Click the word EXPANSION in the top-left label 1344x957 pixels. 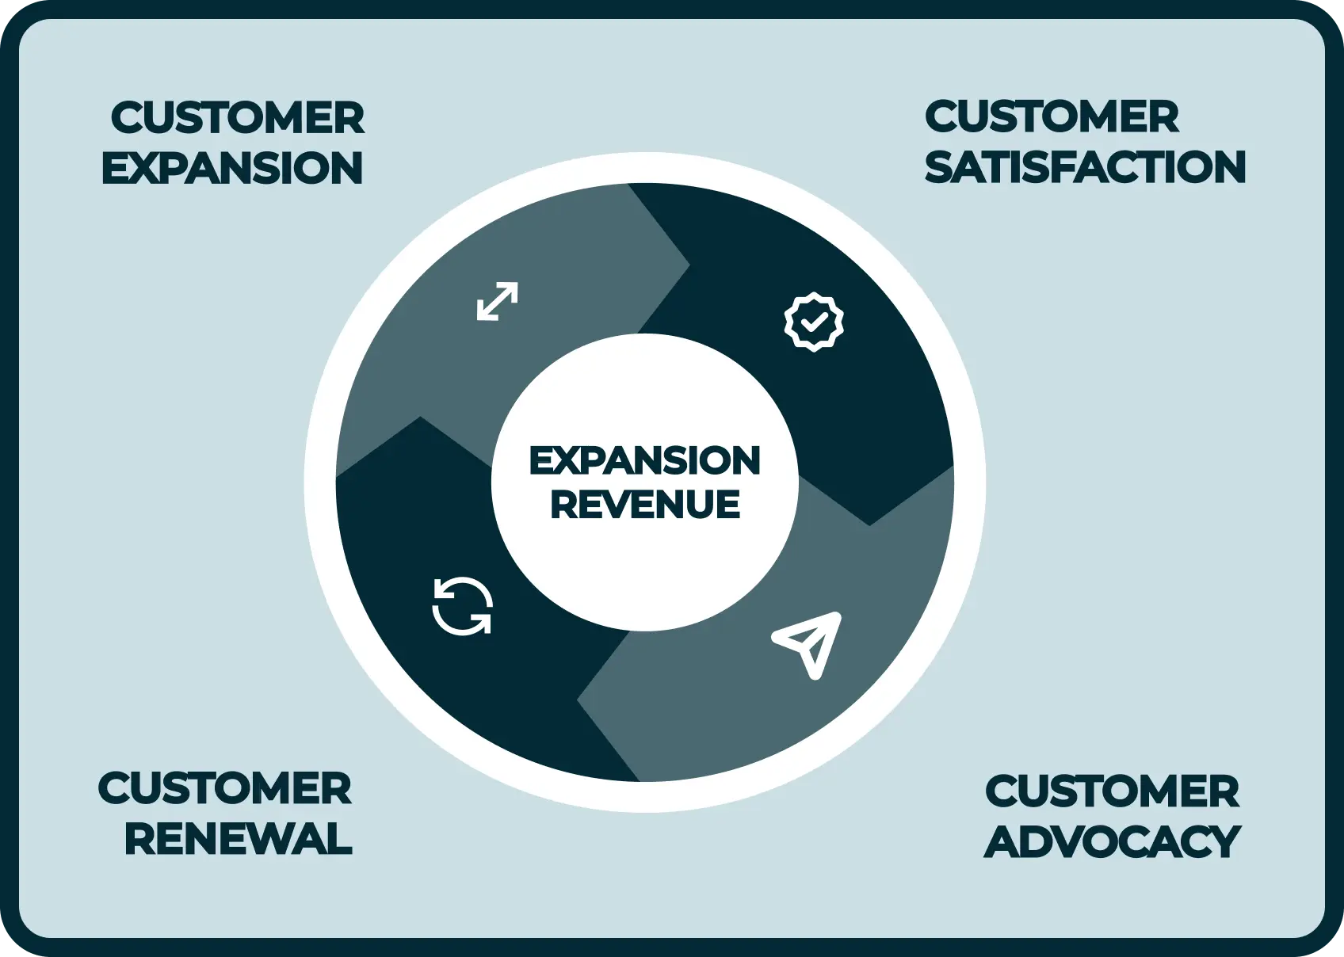point(232,169)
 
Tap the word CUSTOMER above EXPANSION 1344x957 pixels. point(238,119)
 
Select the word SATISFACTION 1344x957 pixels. point(1085,167)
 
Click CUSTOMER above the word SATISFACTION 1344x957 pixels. point(1052,117)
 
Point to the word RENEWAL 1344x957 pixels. point(238,839)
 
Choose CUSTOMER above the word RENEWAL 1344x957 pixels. point(224,789)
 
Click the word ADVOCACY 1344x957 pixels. point(1112,841)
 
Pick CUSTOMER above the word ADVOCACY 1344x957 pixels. point(1112,791)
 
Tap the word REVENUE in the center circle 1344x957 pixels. point(645,505)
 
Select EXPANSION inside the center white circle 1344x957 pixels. point(644,461)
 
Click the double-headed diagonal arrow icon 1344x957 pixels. point(498,301)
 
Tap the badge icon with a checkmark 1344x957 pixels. point(814,322)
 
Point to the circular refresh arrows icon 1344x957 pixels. point(463,607)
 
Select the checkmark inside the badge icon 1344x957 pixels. point(814,322)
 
